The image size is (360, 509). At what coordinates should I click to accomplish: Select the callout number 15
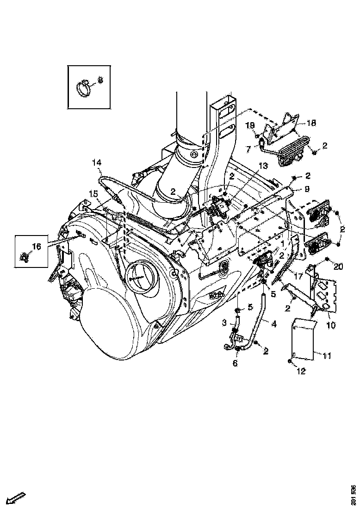click(93, 194)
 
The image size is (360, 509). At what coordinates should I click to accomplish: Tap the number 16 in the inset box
click(36, 247)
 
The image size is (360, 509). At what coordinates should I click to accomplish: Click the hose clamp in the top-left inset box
click(84, 88)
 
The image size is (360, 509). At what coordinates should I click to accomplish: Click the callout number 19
click(250, 125)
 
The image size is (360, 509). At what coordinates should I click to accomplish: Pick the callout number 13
click(263, 166)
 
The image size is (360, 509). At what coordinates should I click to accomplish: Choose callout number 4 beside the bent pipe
click(274, 324)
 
